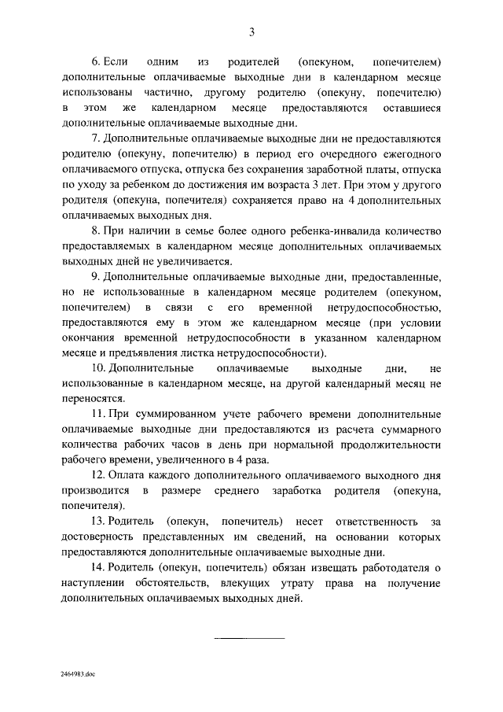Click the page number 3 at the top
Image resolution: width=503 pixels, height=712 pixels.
coord(251,32)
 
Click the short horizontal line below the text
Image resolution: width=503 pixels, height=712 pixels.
coord(250,637)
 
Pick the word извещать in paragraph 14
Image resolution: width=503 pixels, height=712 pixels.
coord(331,567)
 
